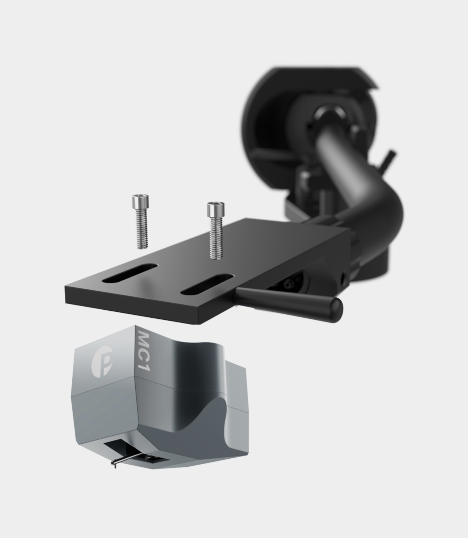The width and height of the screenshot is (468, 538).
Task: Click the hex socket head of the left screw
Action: (x=140, y=201)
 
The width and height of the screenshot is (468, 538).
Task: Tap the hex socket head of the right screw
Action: (x=215, y=209)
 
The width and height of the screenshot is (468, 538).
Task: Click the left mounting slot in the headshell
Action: (x=130, y=273)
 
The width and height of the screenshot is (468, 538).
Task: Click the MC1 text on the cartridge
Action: (x=144, y=351)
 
